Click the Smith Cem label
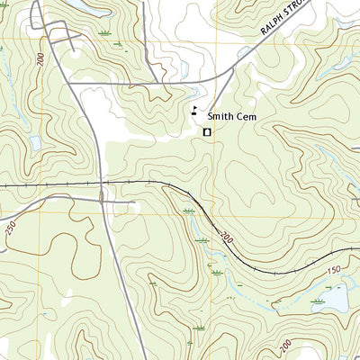point(233,116)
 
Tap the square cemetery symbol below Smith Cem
point(206,132)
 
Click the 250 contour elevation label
point(11,230)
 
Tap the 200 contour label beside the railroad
point(224,238)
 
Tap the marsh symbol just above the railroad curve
point(188,210)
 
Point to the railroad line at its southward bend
point(207,217)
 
